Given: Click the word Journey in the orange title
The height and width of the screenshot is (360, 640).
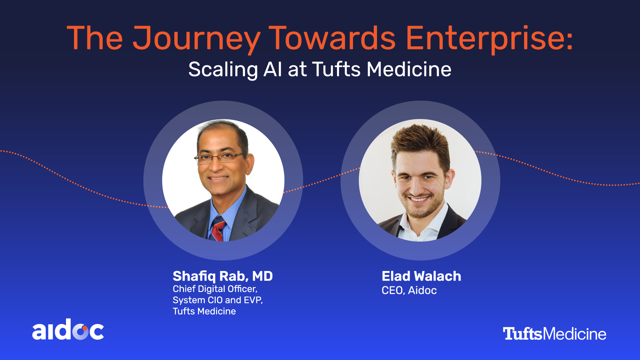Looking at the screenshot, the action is click(x=197, y=39).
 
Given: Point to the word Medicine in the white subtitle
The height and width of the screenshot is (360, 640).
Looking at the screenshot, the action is click(x=409, y=69).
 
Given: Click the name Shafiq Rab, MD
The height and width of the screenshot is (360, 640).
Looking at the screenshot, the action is click(x=223, y=276).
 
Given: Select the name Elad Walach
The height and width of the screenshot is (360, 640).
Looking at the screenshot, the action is click(x=421, y=276).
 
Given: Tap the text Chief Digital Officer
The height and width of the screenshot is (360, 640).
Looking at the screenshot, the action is click(x=215, y=289).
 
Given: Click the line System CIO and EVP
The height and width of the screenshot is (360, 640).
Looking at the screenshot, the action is click(x=218, y=300).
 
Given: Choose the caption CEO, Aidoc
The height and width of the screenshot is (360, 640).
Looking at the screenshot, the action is click(x=409, y=291).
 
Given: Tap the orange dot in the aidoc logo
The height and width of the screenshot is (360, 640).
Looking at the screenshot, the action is click(x=85, y=328).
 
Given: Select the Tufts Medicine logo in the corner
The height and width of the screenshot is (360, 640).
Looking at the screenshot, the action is click(x=554, y=334).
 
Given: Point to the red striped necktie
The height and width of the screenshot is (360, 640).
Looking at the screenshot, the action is click(x=218, y=229).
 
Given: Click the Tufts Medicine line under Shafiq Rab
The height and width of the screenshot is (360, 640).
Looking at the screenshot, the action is click(x=204, y=311).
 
